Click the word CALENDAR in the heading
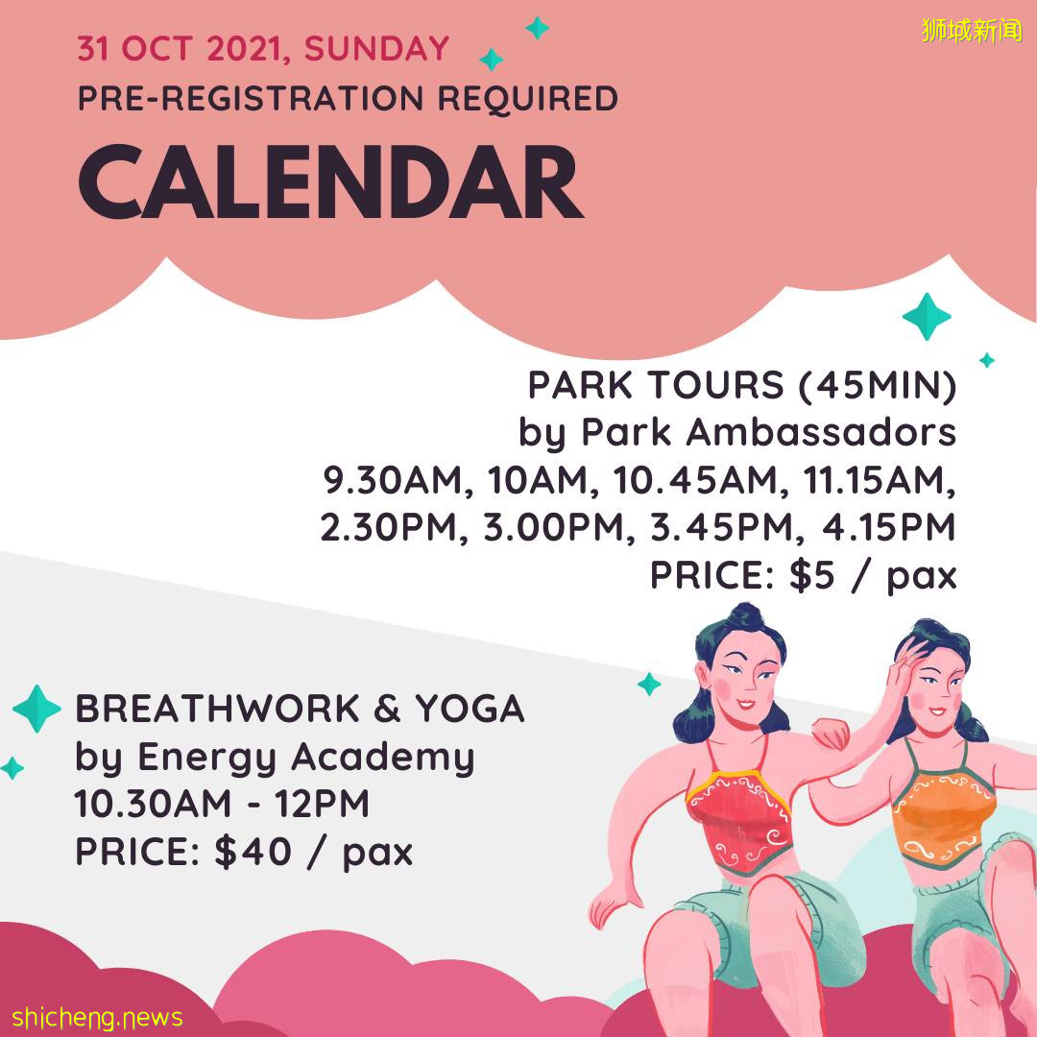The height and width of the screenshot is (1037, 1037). click(x=331, y=181)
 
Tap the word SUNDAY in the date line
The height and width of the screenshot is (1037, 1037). click(x=377, y=49)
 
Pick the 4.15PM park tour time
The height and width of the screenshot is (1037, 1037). click(x=889, y=527)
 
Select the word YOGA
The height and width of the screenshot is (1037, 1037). click(x=470, y=709)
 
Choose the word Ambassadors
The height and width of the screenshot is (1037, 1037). click(x=821, y=432)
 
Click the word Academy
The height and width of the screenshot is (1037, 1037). click(x=383, y=758)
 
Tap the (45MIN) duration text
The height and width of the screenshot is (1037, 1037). click(x=878, y=385)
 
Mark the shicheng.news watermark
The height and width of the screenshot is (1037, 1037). click(x=97, y=1017)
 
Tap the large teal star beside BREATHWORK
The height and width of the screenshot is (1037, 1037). click(x=37, y=709)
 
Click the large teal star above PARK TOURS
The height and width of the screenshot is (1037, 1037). click(x=927, y=316)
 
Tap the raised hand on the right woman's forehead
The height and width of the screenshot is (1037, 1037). click(x=904, y=663)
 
